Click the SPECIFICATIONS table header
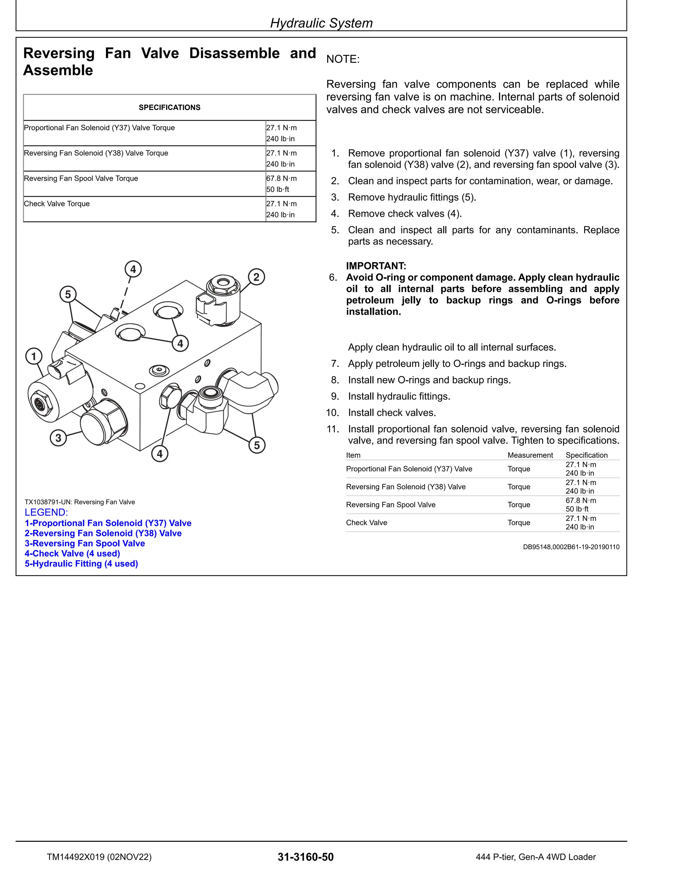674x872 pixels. (169, 107)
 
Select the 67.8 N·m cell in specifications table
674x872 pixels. (281, 178)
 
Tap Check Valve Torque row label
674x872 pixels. (57, 204)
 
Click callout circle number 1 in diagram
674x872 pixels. (34, 356)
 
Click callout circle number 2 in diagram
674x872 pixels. (256, 277)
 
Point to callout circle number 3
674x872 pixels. (58, 438)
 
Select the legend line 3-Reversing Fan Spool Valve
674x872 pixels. (85, 543)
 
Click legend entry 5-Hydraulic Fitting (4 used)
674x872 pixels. (82, 564)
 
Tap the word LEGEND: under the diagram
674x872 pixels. (46, 512)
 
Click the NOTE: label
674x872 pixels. (343, 59)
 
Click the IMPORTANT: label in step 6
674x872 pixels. (376, 266)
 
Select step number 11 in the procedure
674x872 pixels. (333, 429)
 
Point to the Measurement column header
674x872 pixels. (530, 455)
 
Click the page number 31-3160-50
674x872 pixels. (305, 857)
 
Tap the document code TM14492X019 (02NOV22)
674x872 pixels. (99, 857)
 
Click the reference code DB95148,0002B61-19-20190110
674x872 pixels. (571, 547)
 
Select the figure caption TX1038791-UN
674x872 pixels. (80, 502)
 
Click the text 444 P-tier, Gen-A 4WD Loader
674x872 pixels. (535, 857)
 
